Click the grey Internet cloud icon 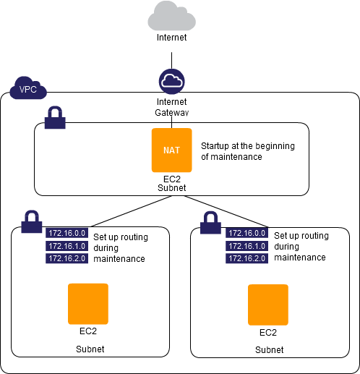pyautogui.click(x=171, y=16)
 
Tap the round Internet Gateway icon pyautogui.click(x=171, y=82)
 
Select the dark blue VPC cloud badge pyautogui.click(x=28, y=88)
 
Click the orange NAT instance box pyautogui.click(x=171, y=150)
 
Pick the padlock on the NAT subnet pyautogui.click(x=55, y=117)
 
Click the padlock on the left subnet pyautogui.click(x=32, y=221)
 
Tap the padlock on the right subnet pyautogui.click(x=210, y=223)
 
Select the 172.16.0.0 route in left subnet pyautogui.click(x=67, y=233)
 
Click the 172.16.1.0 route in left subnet pyautogui.click(x=67, y=246)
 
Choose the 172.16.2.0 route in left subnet pyautogui.click(x=67, y=258)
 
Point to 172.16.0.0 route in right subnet pyautogui.click(x=247, y=233)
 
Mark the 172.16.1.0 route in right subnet pyautogui.click(x=247, y=246)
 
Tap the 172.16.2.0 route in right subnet pyautogui.click(x=247, y=258)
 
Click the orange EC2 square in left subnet pyautogui.click(x=88, y=304)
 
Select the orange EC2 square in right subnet pyautogui.click(x=268, y=305)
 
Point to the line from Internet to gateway pyautogui.click(x=171, y=61)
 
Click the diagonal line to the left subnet pyautogui.click(x=132, y=211)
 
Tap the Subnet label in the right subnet pyautogui.click(x=270, y=349)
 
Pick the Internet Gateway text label pyautogui.click(x=171, y=107)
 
